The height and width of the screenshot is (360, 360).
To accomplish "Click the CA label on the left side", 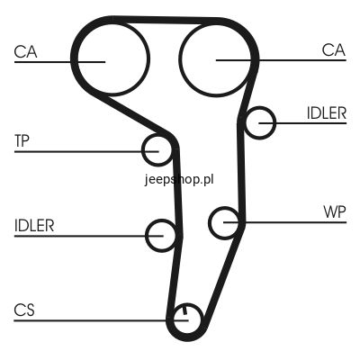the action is click(25, 52).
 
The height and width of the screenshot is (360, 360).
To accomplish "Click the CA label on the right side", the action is click(334, 50).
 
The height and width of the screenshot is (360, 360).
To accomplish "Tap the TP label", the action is click(22, 141).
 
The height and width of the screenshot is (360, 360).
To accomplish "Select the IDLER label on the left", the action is click(34, 226).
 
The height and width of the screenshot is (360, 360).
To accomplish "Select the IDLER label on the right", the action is click(327, 113).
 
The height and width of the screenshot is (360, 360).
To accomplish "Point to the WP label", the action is click(335, 212).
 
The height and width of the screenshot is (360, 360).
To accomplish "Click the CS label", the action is click(24, 310).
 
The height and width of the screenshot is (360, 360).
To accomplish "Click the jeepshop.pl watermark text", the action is click(179, 180).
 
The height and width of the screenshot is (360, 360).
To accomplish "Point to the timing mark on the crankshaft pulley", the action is click(184, 310).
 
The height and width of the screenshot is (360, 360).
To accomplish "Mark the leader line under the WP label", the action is click(285, 222).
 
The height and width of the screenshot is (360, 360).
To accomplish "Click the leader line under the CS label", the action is click(101, 320).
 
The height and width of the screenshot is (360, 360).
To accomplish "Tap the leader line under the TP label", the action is click(86, 152).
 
